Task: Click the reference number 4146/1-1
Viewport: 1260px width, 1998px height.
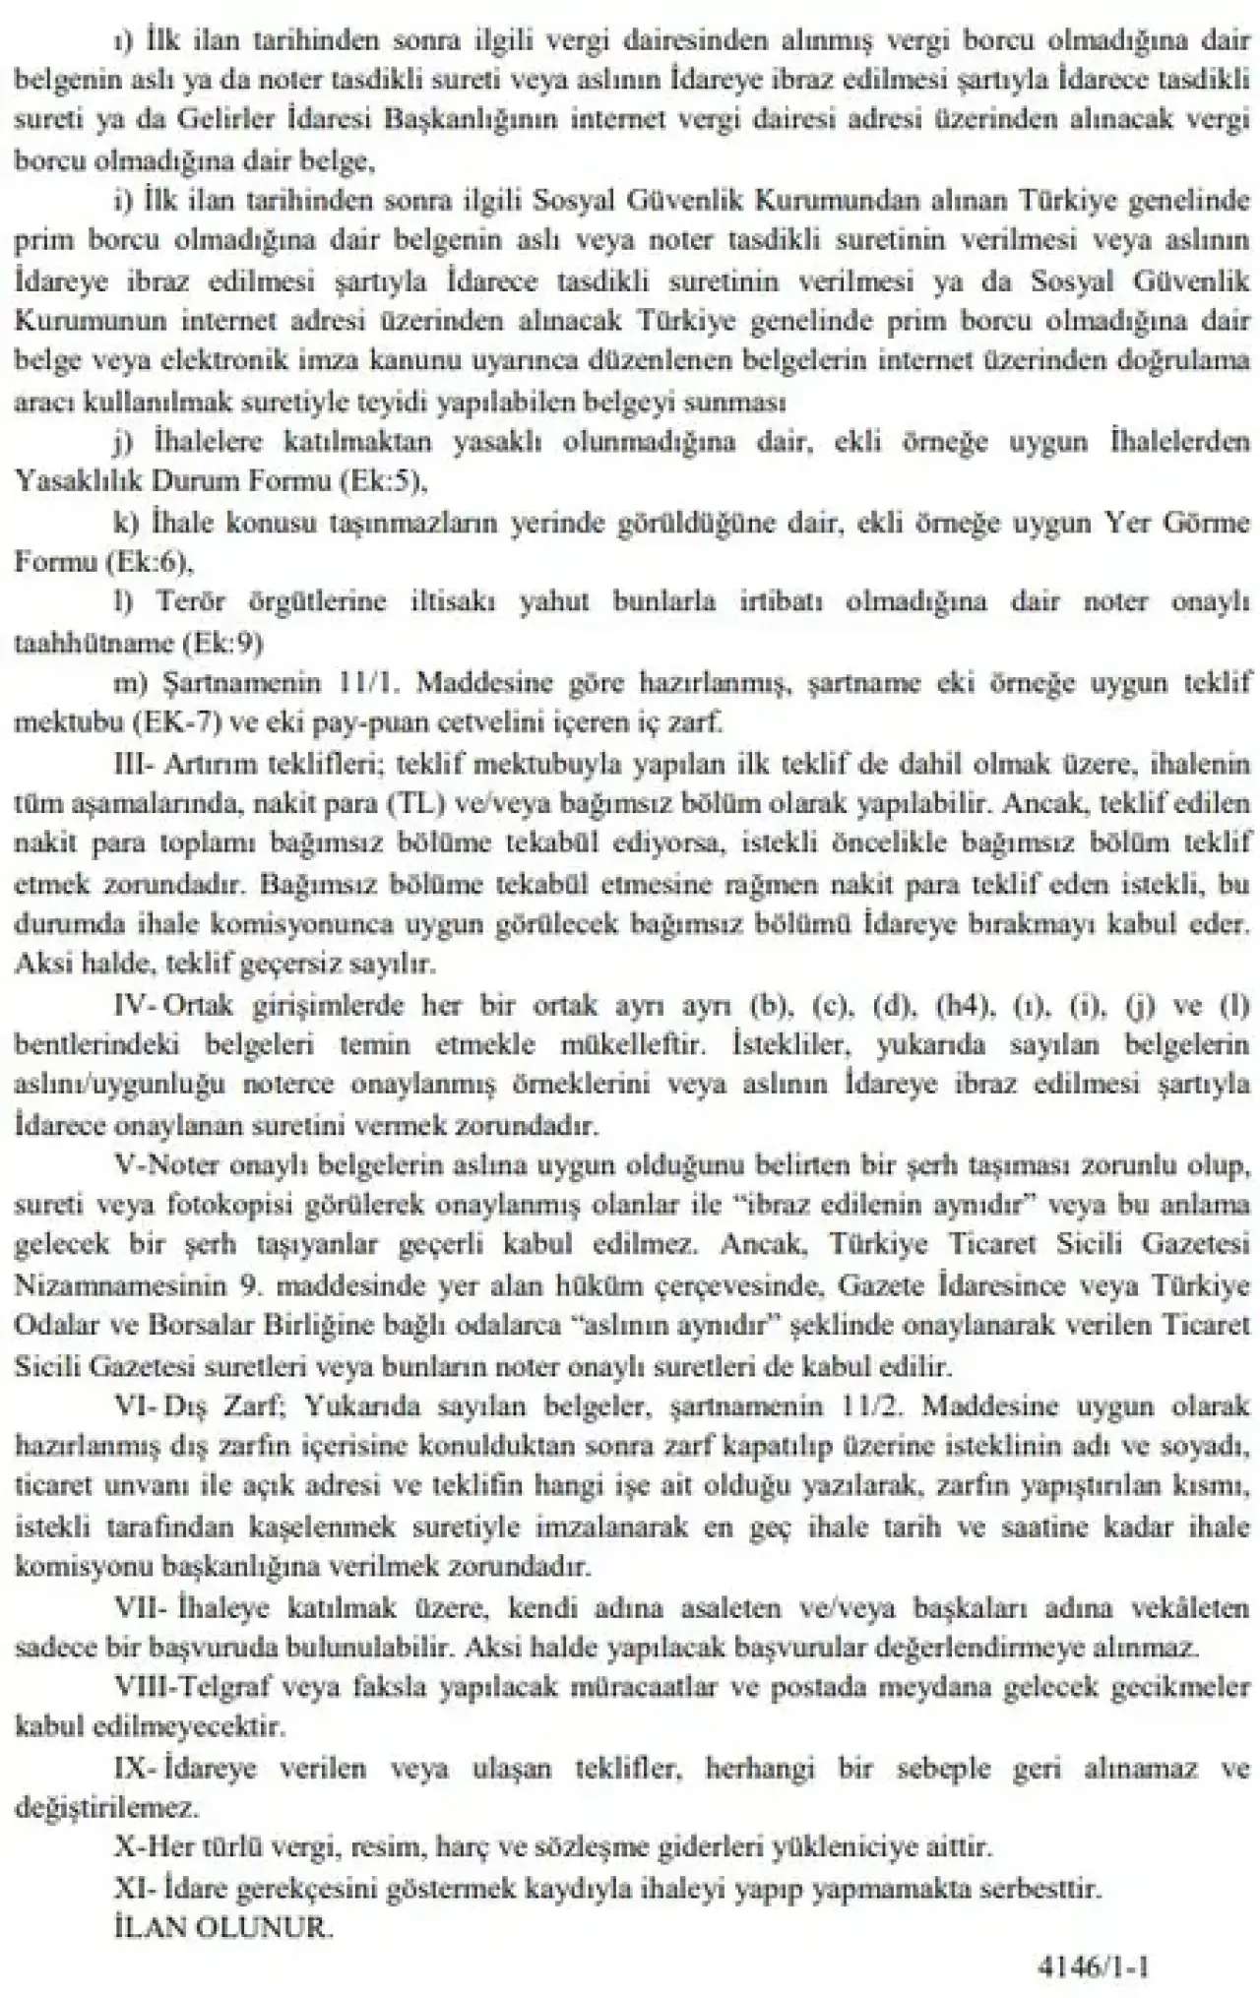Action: [x=1094, y=1967]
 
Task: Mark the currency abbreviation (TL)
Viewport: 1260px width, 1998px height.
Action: [x=421, y=803]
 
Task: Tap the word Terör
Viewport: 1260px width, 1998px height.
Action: [x=198, y=601]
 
